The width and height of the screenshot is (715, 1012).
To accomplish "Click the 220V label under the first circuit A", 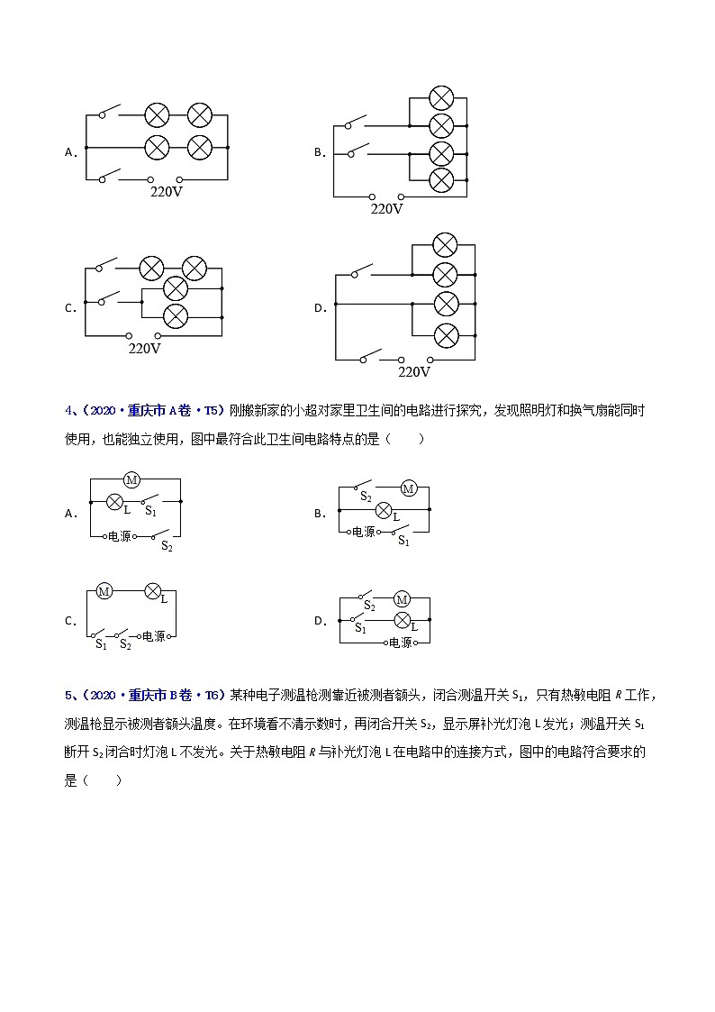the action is coord(166,192).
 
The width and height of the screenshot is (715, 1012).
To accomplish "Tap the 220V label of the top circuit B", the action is coord(387,208).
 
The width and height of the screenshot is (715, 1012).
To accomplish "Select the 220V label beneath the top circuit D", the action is coord(414,371).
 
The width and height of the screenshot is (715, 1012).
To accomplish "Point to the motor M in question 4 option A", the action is coord(131,480).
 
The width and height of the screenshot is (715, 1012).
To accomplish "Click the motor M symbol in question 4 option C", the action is coord(104,591).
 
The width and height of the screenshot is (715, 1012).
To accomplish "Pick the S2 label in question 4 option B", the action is coord(366,497).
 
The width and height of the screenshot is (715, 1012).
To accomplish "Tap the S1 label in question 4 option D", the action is coord(360,628).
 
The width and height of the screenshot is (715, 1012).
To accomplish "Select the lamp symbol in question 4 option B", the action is coord(385,511).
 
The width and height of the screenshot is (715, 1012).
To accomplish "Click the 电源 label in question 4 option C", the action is coord(153,635).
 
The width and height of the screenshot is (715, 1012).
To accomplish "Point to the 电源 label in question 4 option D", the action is coord(399,643).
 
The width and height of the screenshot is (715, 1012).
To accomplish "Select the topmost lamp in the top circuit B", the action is coord(440,98).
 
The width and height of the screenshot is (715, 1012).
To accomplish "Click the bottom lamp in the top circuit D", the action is coord(446,335).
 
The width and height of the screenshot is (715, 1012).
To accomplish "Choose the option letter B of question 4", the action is coord(319,514).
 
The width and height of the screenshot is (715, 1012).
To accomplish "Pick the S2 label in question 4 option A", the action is coord(167,546).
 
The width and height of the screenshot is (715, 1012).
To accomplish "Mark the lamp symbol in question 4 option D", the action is coord(403,620).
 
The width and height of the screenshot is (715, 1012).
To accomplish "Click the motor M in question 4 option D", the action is coord(403,599).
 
